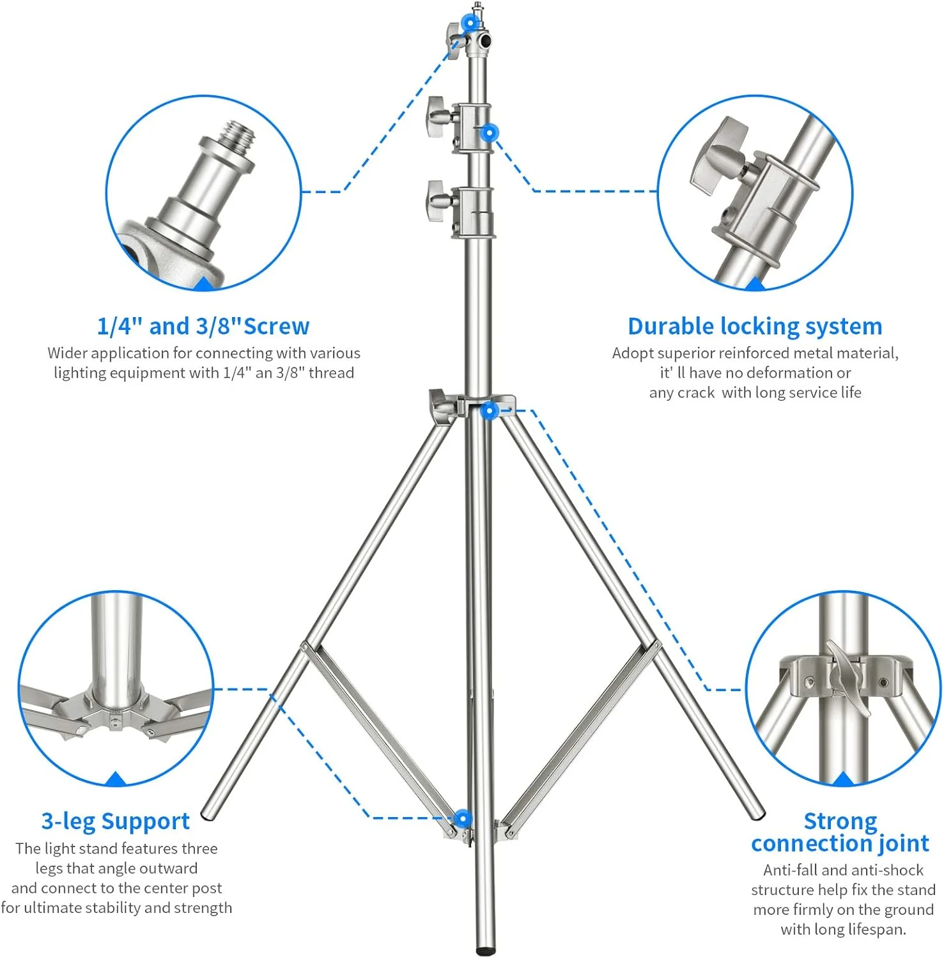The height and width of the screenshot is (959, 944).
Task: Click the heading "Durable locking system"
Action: click(x=755, y=327)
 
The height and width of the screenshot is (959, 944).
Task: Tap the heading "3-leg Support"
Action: click(x=116, y=821)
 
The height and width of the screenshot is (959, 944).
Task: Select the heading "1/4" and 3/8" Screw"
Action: click(x=203, y=327)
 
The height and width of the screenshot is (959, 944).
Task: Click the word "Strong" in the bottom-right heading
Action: click(x=840, y=821)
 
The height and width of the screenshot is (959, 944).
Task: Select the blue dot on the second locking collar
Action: click(x=489, y=133)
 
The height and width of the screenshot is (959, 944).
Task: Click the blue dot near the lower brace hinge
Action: click(x=462, y=818)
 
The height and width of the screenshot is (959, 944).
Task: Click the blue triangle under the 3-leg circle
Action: click(x=116, y=779)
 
